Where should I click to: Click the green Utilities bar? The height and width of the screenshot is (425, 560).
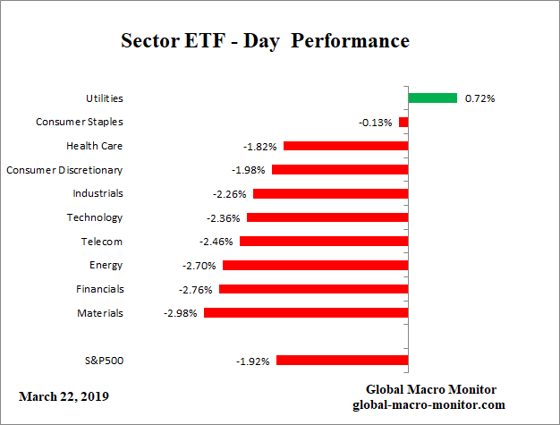(x=433, y=98)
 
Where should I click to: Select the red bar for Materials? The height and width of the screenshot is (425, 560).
(x=306, y=313)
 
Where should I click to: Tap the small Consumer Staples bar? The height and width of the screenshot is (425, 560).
(x=403, y=122)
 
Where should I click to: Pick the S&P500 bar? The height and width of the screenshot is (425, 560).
(x=343, y=361)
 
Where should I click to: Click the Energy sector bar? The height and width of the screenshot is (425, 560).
(x=316, y=265)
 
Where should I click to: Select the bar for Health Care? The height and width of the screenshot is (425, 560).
(x=345, y=146)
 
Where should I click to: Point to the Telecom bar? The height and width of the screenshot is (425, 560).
(x=324, y=242)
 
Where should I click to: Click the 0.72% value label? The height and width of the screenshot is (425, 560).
(x=480, y=98)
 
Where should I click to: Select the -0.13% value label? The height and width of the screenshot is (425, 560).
(x=376, y=123)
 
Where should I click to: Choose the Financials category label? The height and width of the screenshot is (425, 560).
(x=100, y=289)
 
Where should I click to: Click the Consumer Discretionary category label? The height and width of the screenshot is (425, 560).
(x=64, y=169)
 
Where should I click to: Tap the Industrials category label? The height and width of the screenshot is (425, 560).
(x=98, y=193)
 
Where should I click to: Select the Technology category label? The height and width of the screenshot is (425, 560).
(x=95, y=217)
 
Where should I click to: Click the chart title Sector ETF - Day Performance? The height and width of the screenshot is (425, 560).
(x=265, y=41)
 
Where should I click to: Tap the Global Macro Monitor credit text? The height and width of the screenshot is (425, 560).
(x=431, y=389)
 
